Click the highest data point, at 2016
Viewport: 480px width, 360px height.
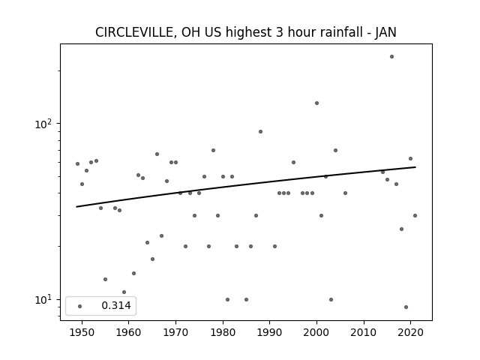391,57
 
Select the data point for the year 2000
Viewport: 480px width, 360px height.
316,103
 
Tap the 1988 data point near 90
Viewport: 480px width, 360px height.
260,132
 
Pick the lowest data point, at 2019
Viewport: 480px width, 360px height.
406,307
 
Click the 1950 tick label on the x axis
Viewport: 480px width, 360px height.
82,332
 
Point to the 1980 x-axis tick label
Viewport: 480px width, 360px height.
223,332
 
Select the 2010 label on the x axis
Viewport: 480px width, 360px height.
364,332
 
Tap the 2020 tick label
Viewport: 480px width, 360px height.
410,332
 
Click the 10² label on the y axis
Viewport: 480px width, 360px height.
43,124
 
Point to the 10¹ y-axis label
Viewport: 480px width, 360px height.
43,300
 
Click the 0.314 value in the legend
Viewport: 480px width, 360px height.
116,305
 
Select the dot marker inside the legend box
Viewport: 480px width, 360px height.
80,306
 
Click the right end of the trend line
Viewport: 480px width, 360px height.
415,167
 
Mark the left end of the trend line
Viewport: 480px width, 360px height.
76,207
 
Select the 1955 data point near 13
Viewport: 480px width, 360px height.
105,279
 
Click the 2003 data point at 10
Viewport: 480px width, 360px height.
331,299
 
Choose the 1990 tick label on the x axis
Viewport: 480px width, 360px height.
270,332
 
